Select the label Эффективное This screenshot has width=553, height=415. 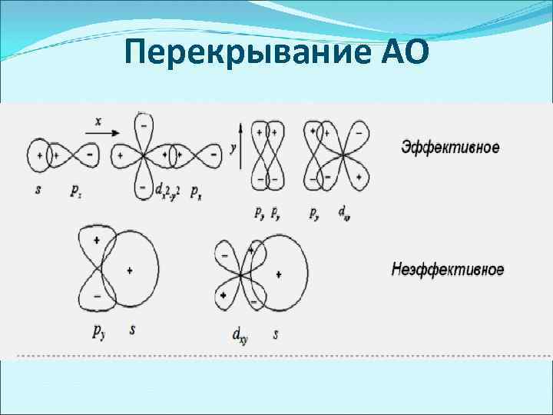450,147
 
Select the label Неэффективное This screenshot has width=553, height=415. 448,270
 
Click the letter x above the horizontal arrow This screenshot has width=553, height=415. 98,121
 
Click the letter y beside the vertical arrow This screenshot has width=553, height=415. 233,146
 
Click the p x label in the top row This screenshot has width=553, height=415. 197,189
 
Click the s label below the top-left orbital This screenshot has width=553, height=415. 38,188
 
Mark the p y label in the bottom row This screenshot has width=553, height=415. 99,332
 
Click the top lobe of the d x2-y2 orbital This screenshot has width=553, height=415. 143,127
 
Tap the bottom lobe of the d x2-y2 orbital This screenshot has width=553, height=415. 143,184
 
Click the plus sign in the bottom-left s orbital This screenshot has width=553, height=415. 130,270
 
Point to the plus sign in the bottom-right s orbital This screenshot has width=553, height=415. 278,274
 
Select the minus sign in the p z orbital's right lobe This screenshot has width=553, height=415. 90,155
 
